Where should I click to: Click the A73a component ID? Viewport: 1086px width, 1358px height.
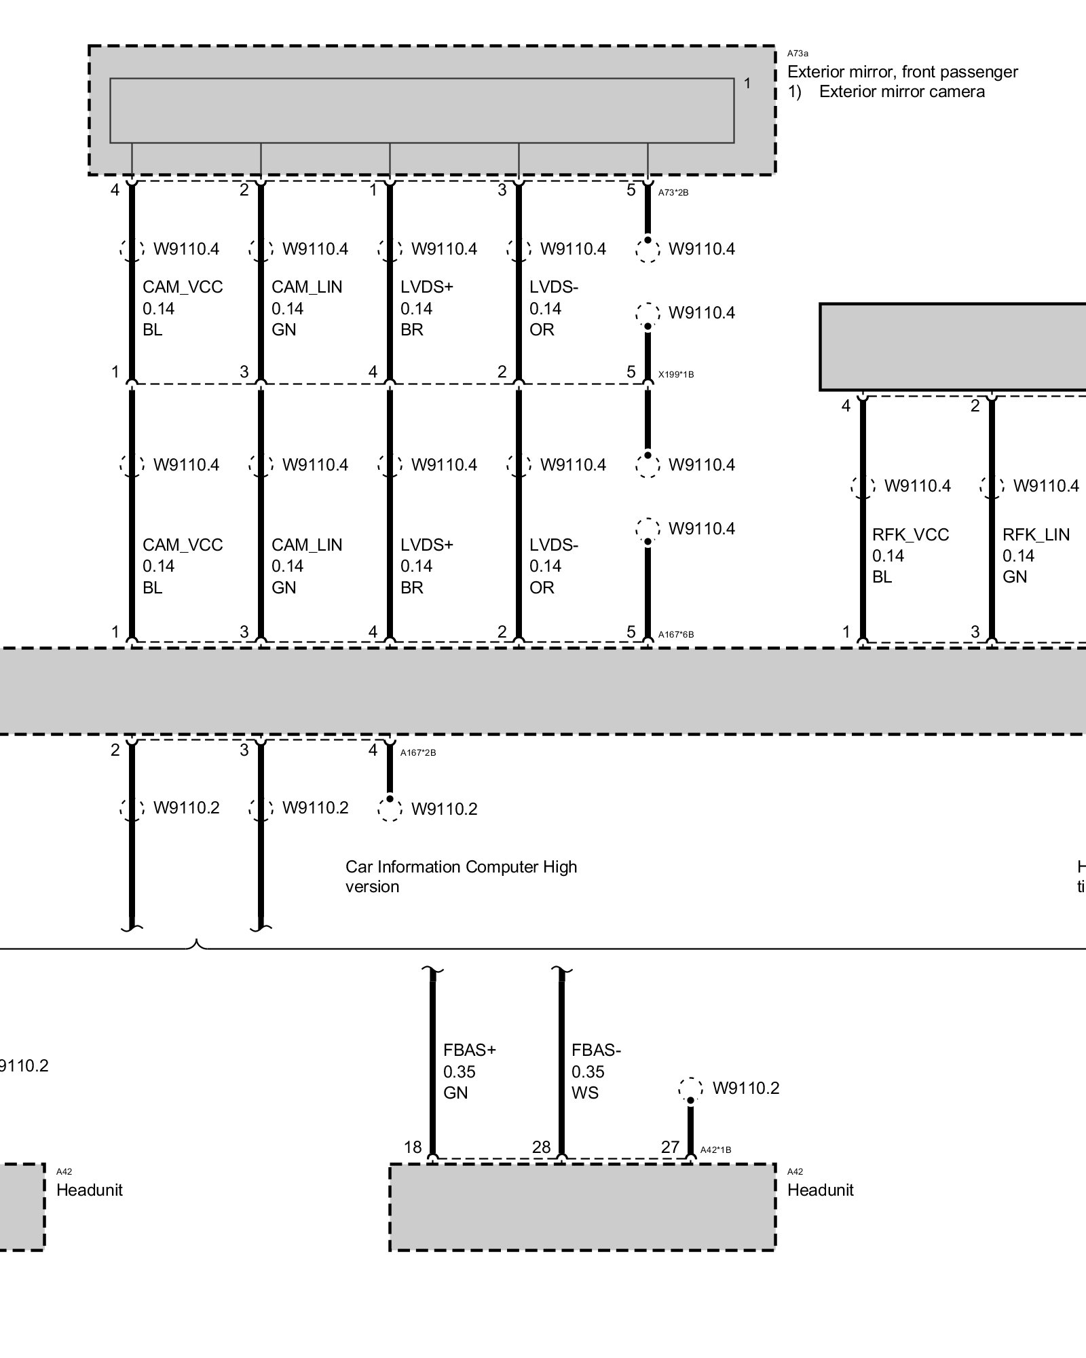tap(798, 53)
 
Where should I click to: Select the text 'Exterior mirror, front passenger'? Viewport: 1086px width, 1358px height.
tap(902, 72)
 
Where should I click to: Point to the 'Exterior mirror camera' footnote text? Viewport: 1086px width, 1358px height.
tap(901, 92)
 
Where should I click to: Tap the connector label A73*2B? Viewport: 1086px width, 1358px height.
tap(673, 193)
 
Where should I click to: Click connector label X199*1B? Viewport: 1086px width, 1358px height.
tap(676, 374)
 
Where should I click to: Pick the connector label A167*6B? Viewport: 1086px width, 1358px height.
tap(676, 635)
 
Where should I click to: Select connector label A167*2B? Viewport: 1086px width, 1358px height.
tap(418, 752)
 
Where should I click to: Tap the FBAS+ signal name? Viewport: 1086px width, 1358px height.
tap(470, 1050)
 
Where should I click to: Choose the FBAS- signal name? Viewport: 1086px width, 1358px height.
tap(596, 1050)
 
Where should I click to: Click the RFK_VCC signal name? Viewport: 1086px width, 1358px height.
tap(910, 535)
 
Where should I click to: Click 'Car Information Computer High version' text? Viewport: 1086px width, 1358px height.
tap(461, 877)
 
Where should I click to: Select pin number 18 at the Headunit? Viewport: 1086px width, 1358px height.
tap(413, 1147)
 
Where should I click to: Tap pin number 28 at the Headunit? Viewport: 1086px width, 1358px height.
tap(541, 1147)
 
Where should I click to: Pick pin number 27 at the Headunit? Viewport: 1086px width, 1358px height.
tap(670, 1147)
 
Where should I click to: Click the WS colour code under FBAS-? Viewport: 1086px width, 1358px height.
tap(584, 1093)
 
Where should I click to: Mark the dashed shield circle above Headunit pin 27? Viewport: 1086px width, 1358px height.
tap(690, 1089)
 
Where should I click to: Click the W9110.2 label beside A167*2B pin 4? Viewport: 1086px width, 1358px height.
tap(444, 809)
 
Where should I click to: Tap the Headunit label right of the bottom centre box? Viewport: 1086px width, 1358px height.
tap(820, 1190)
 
